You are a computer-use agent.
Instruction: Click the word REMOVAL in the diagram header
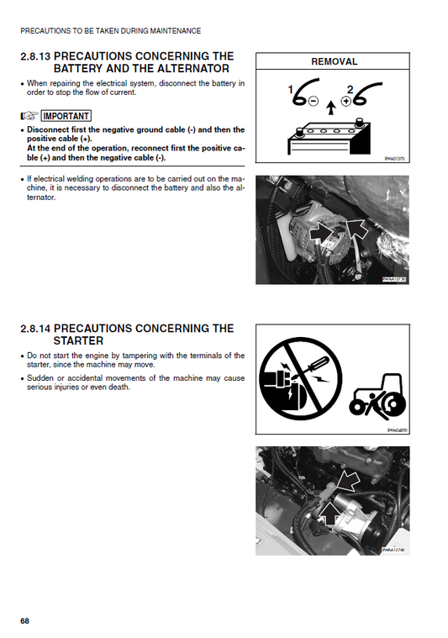[x=334, y=61]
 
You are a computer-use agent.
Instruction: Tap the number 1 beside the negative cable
[x=291, y=89]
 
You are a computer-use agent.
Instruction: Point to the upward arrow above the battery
[x=331, y=106]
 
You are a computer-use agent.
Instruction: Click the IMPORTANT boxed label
[x=66, y=116]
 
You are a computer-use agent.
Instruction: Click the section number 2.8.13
[x=34, y=56]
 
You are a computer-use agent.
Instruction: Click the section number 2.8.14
[x=34, y=329]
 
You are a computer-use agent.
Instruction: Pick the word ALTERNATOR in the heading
[x=183, y=69]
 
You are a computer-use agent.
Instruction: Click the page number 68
[x=25, y=620]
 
